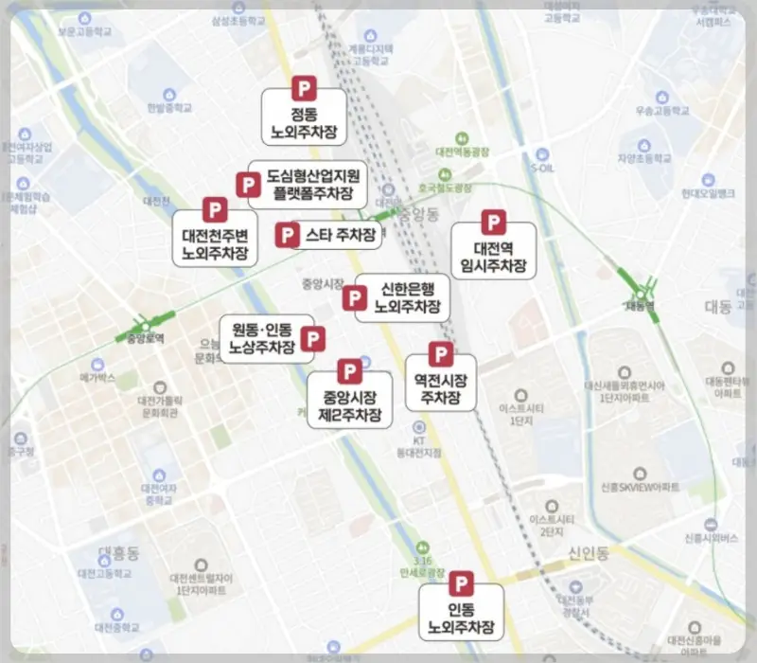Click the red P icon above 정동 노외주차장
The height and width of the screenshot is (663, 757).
(304, 87)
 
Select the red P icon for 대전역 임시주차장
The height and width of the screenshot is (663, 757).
(493, 223)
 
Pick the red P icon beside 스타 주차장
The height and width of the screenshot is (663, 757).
(287, 234)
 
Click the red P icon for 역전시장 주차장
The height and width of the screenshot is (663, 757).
(440, 354)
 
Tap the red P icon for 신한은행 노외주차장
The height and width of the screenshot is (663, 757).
(354, 298)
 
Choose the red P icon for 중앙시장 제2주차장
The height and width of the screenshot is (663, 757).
(348, 370)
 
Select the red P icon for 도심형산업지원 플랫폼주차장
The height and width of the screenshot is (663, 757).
(248, 185)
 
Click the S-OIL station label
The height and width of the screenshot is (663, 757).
(541, 168)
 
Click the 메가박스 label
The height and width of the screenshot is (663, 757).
(97, 377)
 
